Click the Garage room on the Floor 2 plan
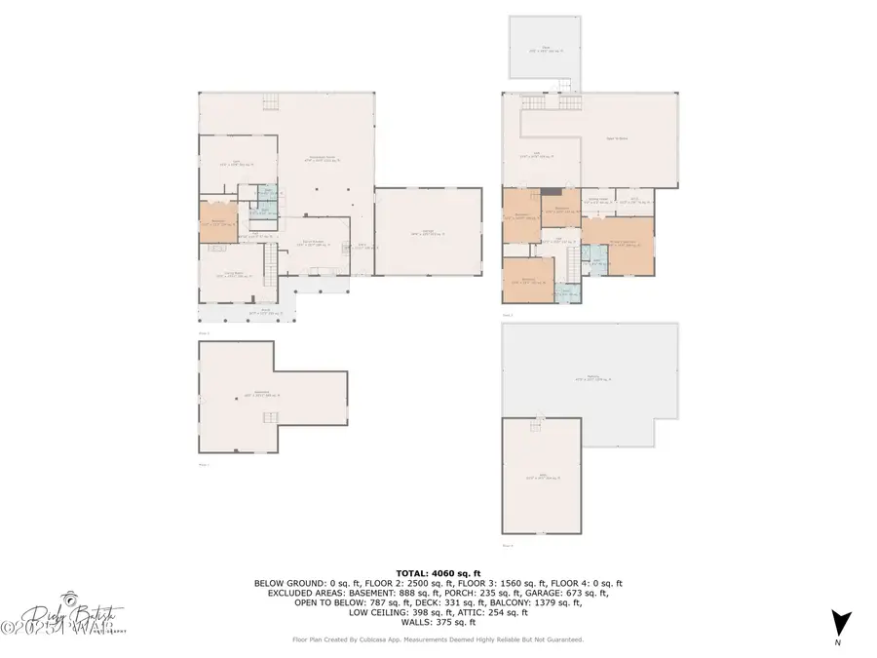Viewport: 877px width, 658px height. tap(428, 232)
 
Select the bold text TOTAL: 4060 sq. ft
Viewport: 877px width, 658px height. tap(438, 573)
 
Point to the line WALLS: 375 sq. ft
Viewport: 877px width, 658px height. tap(438, 622)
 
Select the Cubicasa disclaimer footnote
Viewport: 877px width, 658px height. tap(438, 639)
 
